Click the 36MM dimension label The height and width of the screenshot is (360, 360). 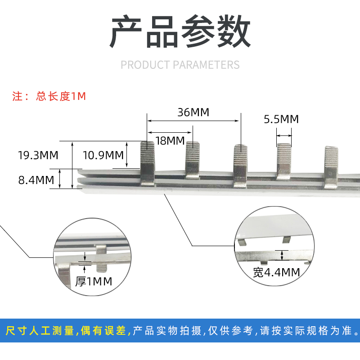193,112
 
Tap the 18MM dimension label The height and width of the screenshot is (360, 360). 170,140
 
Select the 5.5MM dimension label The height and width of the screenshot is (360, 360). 281,119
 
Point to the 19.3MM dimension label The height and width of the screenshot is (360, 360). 38,155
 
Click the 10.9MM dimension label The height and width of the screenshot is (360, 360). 103,155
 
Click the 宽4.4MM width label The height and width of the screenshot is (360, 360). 276,272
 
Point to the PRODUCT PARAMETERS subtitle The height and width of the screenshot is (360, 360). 180,65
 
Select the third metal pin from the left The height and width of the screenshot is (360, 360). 240,164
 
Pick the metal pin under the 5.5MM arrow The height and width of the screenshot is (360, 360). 284,161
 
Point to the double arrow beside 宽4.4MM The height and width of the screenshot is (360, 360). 282,255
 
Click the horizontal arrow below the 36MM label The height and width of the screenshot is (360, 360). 193,121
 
